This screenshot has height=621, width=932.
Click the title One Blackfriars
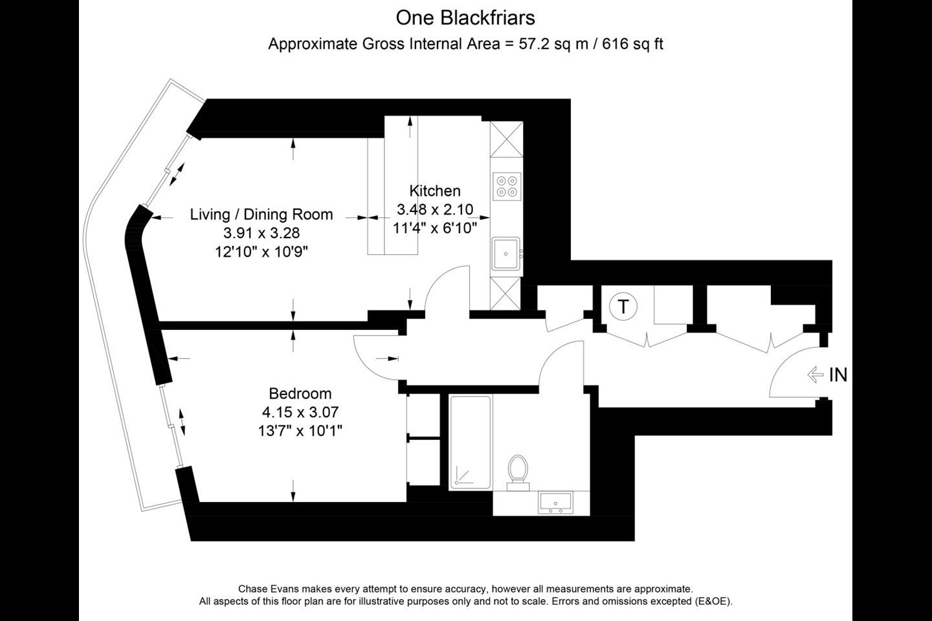click(x=465, y=18)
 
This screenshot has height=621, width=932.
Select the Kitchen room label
click(x=435, y=190)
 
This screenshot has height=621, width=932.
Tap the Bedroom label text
click(x=300, y=393)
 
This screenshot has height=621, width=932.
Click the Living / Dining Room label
click(x=261, y=214)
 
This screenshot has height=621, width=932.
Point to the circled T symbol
click(x=623, y=307)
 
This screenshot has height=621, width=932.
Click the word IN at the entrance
click(x=838, y=375)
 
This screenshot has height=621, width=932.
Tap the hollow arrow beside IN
click(x=815, y=375)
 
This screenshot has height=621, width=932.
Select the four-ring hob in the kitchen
click(x=506, y=186)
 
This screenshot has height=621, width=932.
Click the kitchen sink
click(x=506, y=254)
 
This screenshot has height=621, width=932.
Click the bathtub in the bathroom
click(x=471, y=442)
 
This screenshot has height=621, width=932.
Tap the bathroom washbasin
click(x=555, y=503)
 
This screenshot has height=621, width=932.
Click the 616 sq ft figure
click(x=632, y=44)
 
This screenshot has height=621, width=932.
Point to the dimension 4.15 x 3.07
click(x=300, y=412)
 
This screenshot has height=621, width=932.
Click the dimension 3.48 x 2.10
click(x=435, y=209)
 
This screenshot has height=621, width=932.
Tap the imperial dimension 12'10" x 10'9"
click(x=261, y=252)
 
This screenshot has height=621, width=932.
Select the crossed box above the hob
click(x=506, y=139)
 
